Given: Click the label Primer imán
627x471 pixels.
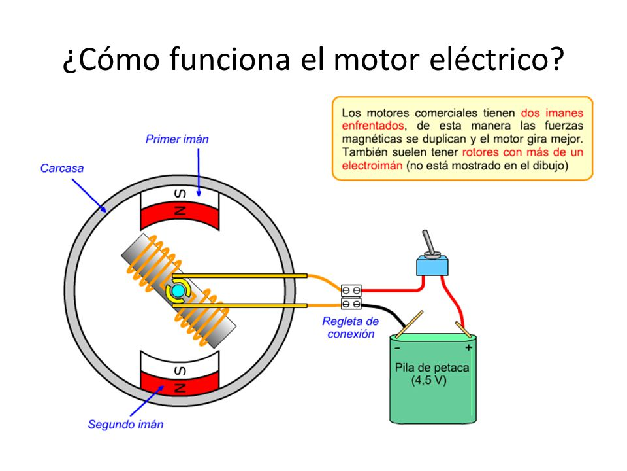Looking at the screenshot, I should [177, 139].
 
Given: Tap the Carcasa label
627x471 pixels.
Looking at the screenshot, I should [62, 168].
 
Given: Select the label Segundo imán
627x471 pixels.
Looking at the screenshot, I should [125, 425].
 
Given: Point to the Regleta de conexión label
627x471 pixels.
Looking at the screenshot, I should [350, 327].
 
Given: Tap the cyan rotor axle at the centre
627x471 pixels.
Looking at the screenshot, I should [178, 290].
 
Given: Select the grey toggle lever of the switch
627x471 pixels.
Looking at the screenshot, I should [428, 243].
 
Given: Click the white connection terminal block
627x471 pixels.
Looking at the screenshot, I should [351, 296].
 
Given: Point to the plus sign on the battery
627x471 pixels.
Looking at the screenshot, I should [468, 347].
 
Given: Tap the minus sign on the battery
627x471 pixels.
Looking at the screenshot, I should [397, 347].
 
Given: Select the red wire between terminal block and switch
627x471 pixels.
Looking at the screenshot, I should [392, 288].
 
